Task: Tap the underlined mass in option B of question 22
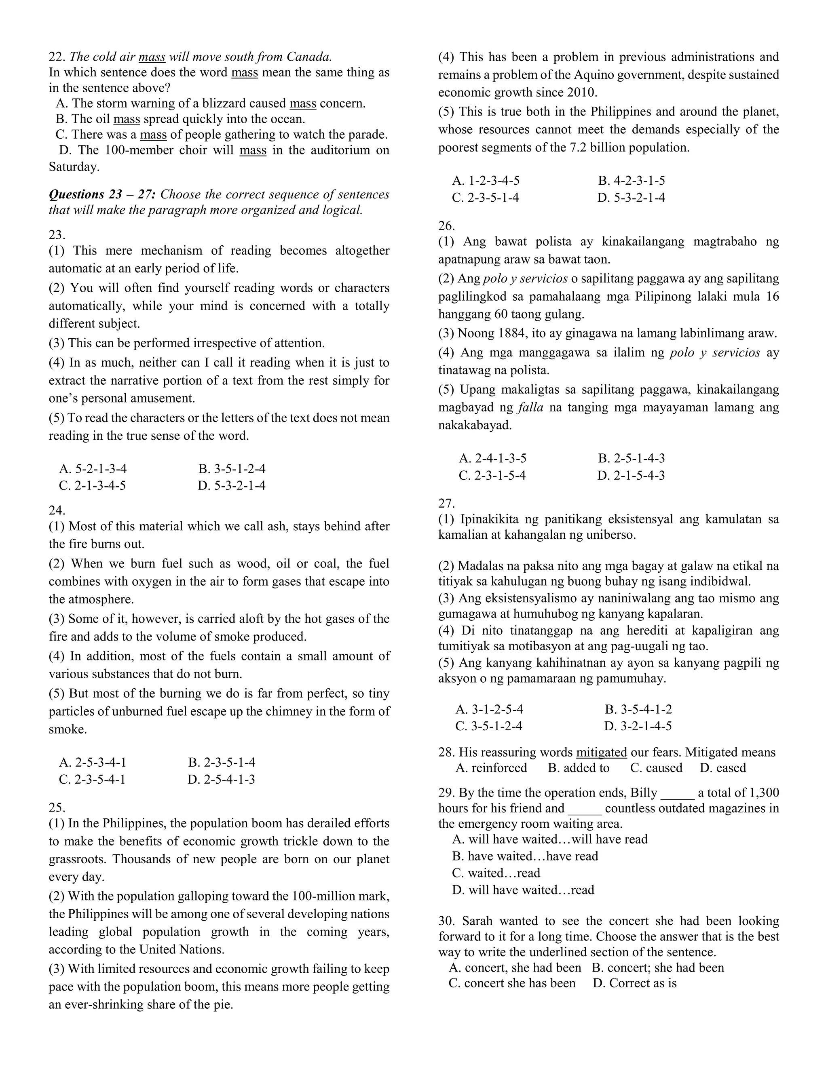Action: [x=127, y=119]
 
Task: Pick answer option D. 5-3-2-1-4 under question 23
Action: [x=232, y=485]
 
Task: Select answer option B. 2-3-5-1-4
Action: [x=222, y=763]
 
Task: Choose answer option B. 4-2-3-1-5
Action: [x=631, y=181]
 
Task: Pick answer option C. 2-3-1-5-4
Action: [x=492, y=476]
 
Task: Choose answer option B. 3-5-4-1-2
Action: [x=638, y=710]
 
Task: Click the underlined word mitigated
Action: [x=601, y=752]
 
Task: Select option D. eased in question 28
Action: [x=722, y=768]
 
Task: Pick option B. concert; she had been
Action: [x=657, y=968]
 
